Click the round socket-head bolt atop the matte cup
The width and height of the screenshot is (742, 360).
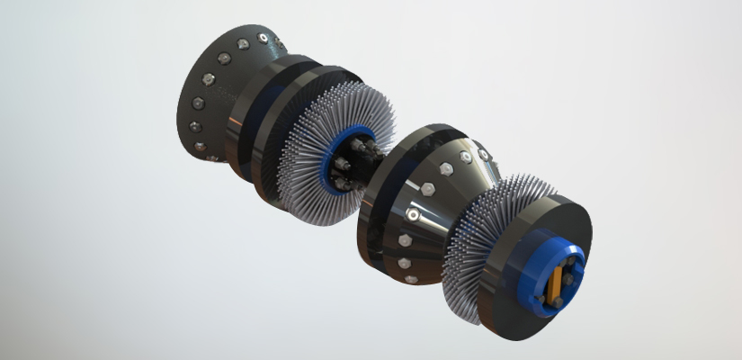point(261,38)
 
